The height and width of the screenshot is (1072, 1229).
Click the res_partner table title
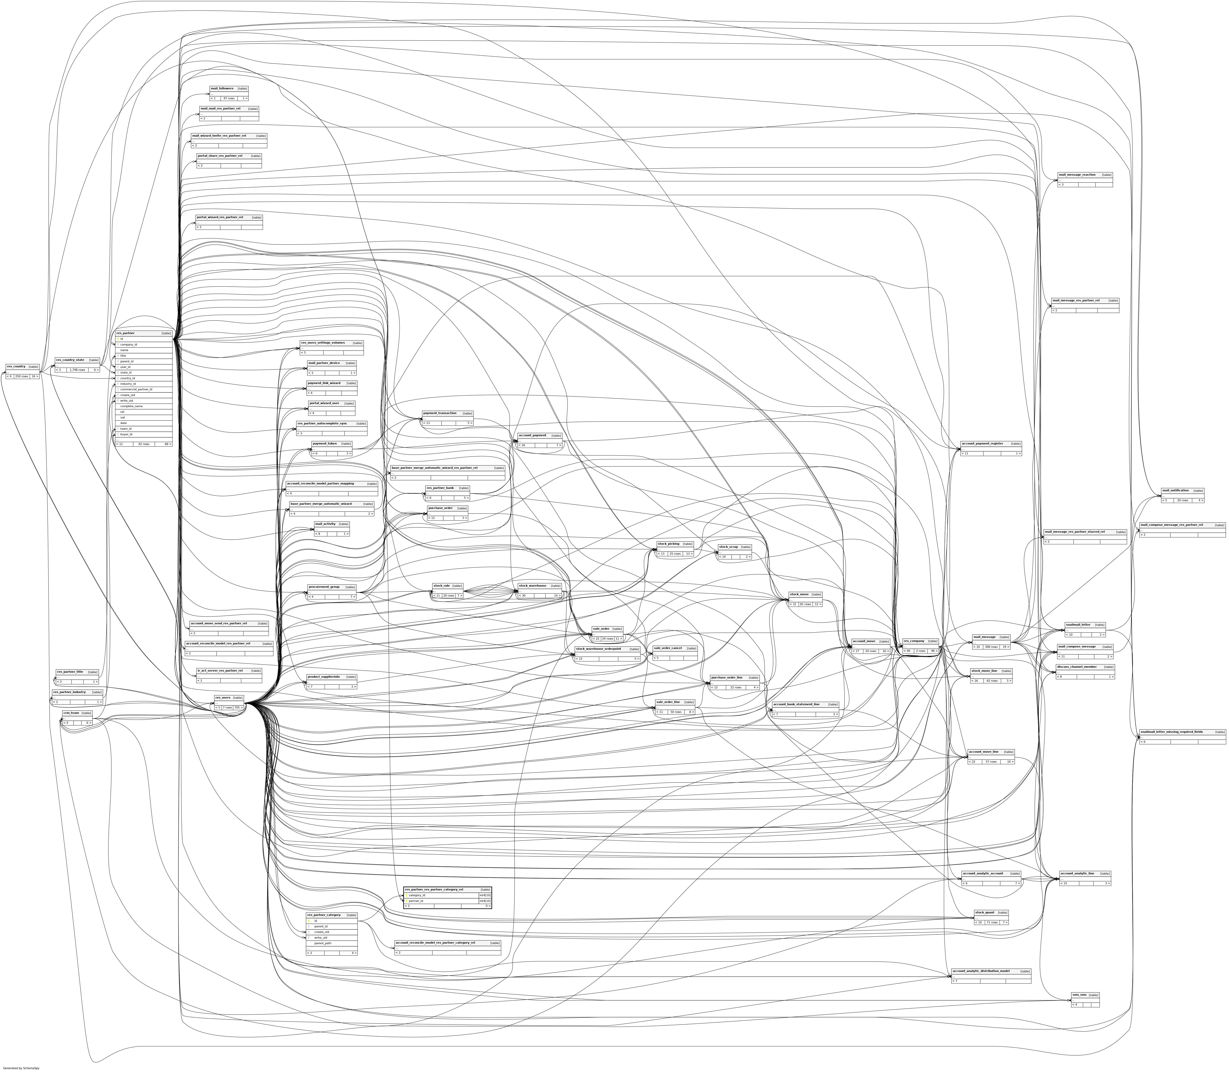coord(126,333)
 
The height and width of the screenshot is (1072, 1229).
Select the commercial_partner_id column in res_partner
coord(136,389)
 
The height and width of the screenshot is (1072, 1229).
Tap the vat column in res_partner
coord(123,417)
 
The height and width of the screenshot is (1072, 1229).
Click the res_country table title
coord(16,366)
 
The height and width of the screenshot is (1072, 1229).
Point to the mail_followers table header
coord(222,89)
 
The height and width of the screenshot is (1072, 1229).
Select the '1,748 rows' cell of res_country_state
coord(77,370)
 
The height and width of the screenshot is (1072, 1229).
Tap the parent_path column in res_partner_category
coord(324,943)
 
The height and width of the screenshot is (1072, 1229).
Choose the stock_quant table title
coord(984,912)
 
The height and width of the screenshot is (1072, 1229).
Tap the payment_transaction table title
coord(440,413)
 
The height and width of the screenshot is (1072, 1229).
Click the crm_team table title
coord(71,713)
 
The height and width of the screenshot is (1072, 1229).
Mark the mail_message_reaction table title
coord(1077,175)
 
